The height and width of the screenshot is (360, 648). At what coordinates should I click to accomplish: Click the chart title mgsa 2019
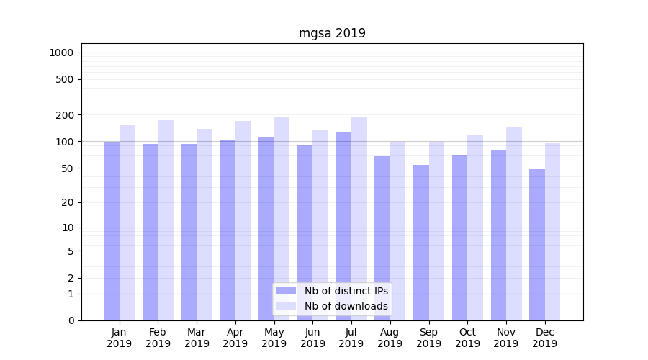coord(332,33)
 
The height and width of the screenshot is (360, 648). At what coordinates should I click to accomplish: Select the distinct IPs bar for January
coord(112,230)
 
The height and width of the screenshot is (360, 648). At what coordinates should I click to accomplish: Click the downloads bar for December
coord(552,231)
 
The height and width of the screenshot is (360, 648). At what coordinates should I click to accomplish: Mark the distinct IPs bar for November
coord(498,235)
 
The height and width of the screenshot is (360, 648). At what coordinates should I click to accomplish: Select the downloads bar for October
coord(475,228)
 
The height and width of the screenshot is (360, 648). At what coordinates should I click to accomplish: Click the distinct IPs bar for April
coord(228,230)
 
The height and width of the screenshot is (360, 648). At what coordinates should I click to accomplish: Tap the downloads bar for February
coord(166,220)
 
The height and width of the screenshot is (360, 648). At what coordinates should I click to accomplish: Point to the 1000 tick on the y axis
coord(61,53)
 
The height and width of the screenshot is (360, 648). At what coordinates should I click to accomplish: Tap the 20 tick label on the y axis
coord(68,202)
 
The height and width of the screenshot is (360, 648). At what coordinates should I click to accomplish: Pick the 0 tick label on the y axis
coord(71,320)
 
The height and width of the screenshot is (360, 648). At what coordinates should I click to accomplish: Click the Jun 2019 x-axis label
coord(312,338)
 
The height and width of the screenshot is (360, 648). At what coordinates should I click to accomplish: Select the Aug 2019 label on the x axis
coord(390,338)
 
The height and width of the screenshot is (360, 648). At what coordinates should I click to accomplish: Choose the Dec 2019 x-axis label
coord(544,338)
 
